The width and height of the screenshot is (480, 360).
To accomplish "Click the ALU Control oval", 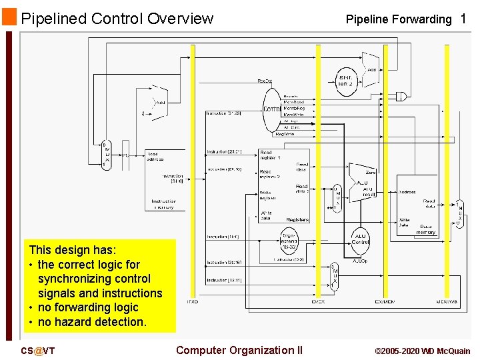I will click(x=360, y=238).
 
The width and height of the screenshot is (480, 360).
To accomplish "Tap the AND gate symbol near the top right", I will click(x=401, y=96).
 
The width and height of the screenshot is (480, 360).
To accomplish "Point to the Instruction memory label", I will click(x=164, y=204).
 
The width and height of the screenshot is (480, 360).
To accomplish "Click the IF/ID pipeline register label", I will click(x=192, y=302).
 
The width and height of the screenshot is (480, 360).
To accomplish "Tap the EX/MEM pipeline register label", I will click(x=385, y=302).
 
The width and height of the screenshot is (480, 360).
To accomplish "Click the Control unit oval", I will click(x=271, y=109).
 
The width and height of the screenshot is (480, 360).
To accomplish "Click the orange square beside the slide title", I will click(x=9, y=17).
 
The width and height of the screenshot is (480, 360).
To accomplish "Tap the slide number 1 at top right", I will click(x=463, y=19).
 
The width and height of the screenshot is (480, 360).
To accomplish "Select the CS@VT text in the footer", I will click(x=38, y=351).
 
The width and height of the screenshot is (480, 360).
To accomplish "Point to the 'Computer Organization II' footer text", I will click(x=239, y=350).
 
